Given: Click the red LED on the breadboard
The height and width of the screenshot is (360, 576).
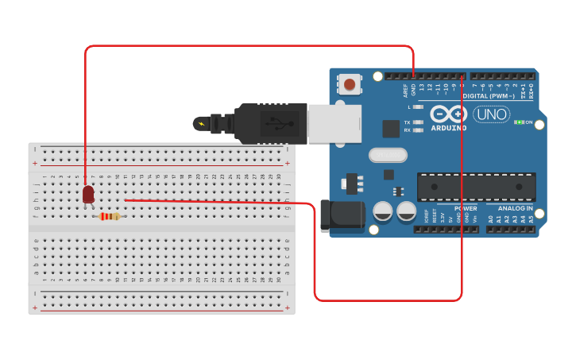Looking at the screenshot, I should pyautogui.click(x=88, y=194).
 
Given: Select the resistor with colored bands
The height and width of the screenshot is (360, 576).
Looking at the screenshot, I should pyautogui.click(x=109, y=216).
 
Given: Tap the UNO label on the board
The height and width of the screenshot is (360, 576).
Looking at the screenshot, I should pyautogui.click(x=492, y=114).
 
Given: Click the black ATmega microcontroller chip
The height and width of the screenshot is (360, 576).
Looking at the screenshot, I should pyautogui.click(x=476, y=187).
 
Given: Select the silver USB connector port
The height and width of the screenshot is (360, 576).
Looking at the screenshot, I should pyautogui.click(x=334, y=123).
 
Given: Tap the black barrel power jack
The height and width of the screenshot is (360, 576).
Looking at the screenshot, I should pyautogui.click(x=342, y=215).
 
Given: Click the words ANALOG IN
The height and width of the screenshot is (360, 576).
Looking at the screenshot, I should pyautogui.click(x=516, y=208).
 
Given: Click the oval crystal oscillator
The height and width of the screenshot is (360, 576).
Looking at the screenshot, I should pyautogui.click(x=387, y=155).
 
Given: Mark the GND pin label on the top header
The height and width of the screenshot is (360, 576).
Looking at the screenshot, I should pyautogui.click(x=413, y=89).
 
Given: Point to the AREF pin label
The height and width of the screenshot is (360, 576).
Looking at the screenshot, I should pyautogui.click(x=405, y=90).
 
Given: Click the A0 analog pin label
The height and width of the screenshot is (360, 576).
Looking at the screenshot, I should pyautogui.click(x=491, y=218).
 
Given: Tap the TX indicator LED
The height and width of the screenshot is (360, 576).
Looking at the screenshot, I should pyautogui.click(x=418, y=122).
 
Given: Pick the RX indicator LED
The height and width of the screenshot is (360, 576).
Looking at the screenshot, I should pyautogui.click(x=418, y=130).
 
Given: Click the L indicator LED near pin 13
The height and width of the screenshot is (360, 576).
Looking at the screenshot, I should pyautogui.click(x=418, y=106).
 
